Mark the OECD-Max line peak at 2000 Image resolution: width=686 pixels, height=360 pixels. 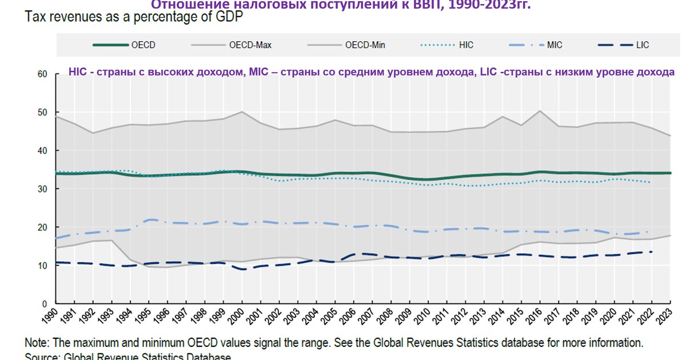tap(243, 112)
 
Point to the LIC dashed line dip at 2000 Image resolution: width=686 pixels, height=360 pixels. tap(243, 269)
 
